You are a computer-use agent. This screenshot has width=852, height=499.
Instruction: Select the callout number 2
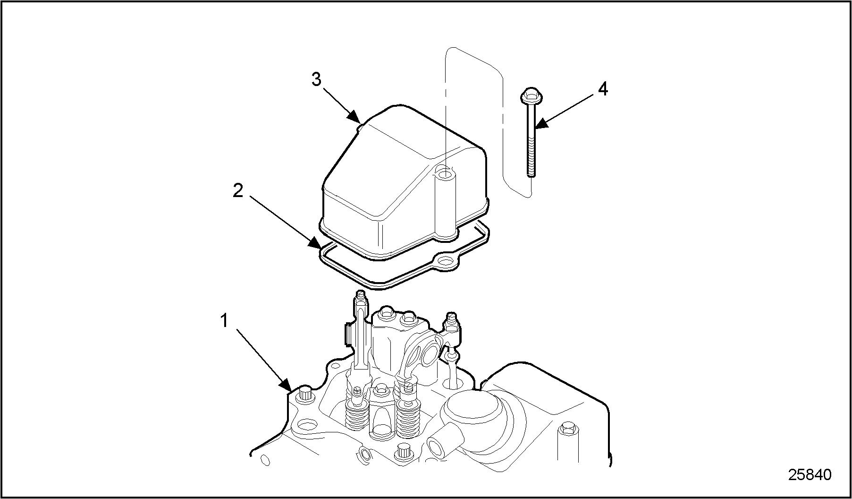click(238, 191)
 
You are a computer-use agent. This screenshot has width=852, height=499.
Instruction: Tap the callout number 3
click(316, 79)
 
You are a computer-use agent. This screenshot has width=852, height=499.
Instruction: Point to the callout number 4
click(603, 89)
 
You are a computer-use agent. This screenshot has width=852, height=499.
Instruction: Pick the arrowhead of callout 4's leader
click(541, 123)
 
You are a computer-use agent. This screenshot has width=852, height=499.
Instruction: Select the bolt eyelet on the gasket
click(444, 261)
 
